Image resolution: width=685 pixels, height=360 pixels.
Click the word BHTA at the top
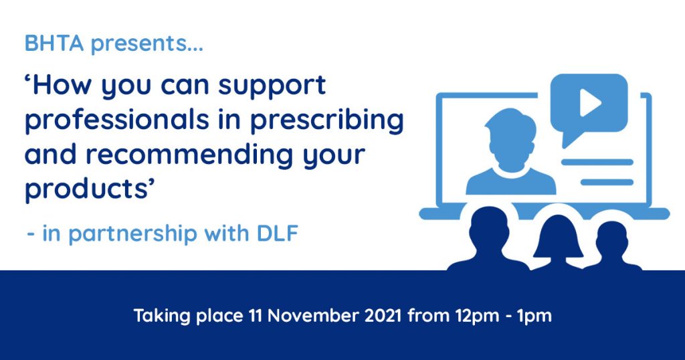click(x=54, y=43)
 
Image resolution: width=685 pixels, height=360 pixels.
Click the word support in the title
click(x=272, y=86)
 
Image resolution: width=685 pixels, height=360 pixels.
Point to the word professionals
click(x=116, y=120)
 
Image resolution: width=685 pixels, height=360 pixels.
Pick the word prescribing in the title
click(x=326, y=121)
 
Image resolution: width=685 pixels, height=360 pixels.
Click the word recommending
click(x=188, y=155)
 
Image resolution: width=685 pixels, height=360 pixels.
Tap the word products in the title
click(x=85, y=189)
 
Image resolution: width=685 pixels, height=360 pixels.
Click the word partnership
click(x=132, y=234)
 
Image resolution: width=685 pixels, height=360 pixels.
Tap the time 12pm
click(x=476, y=317)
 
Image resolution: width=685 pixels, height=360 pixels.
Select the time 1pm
click(x=534, y=317)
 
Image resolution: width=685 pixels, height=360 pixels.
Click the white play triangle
click(x=590, y=103)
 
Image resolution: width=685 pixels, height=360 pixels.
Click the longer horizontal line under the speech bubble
click(x=597, y=163)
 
